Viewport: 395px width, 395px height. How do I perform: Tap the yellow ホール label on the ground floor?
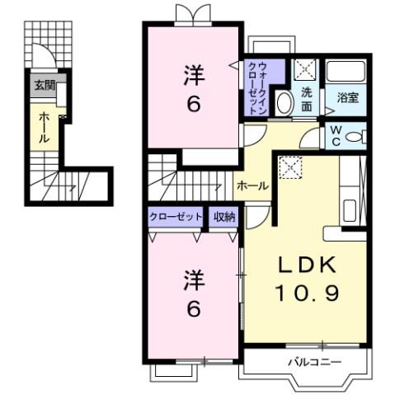click(x=44, y=128)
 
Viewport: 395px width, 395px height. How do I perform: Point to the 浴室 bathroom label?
click(x=347, y=97)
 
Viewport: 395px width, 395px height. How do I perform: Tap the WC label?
click(x=336, y=134)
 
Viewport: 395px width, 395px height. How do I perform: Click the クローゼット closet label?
click(x=176, y=217)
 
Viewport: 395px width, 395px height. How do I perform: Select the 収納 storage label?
click(x=224, y=217)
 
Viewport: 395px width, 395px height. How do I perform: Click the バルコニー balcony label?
click(x=309, y=362)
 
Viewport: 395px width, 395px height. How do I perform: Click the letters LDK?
click(x=306, y=266)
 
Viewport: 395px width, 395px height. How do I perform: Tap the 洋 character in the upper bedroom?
click(x=192, y=76)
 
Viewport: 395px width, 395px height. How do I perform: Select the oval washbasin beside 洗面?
click(x=283, y=103)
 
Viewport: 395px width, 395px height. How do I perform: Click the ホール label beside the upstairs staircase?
click(x=252, y=186)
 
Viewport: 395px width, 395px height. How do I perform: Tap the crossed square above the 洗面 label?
click(x=302, y=69)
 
